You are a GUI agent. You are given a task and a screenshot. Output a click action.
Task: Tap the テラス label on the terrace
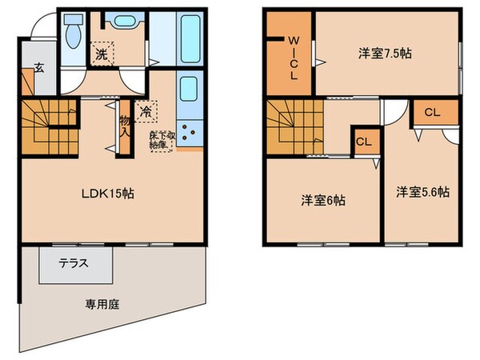pos(73,262)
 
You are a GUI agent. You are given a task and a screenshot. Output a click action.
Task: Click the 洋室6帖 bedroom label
pos(323,200)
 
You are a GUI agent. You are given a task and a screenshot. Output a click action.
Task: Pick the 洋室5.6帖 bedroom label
pos(422,192)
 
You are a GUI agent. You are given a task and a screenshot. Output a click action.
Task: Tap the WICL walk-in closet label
pos(294,57)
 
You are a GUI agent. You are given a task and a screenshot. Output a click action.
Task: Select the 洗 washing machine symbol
pos(102,54)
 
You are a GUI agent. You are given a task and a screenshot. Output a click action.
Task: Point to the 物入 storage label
pos(124,126)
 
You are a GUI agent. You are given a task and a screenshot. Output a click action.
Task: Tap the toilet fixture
pos(72,35)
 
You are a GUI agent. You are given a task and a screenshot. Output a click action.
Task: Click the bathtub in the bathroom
pos(190,40)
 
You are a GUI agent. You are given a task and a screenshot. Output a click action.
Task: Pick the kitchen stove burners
pos(191,132)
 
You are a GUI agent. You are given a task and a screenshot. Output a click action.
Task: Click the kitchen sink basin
pos(189,87)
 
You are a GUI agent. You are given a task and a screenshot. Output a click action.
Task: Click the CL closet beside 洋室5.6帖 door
pos(431,112)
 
